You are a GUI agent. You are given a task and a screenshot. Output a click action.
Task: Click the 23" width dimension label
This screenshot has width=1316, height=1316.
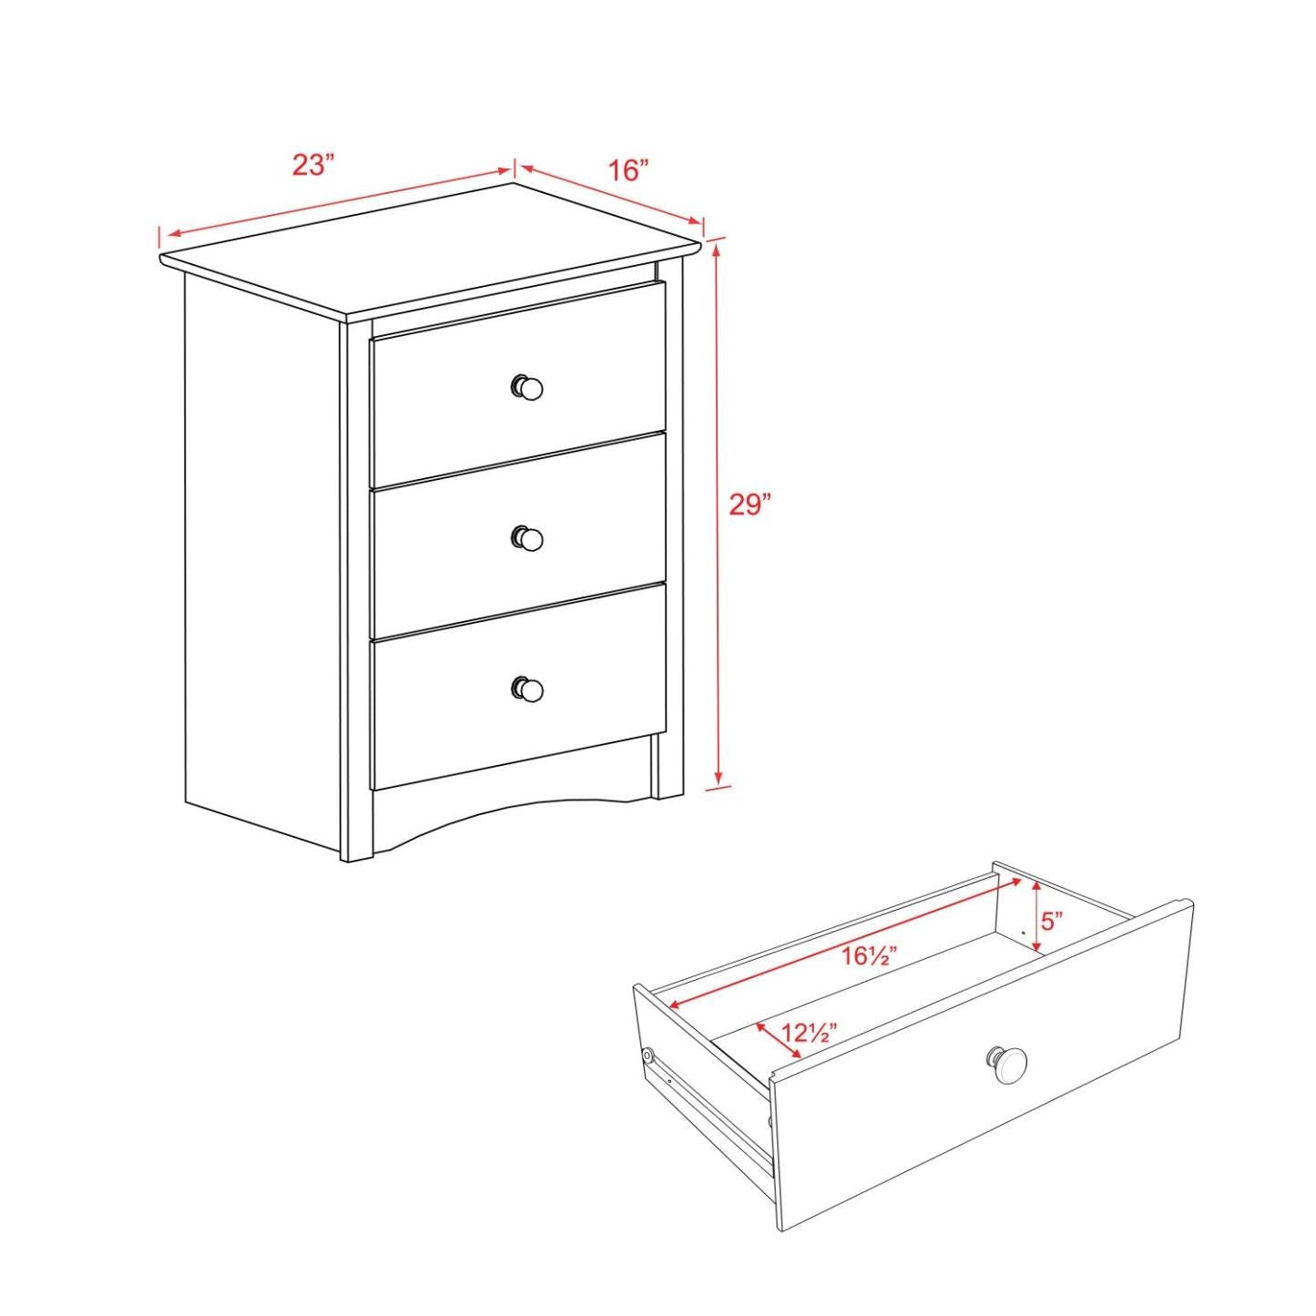coord(313,166)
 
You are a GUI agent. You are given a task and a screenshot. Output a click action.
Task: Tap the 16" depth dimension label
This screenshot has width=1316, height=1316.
coord(628,170)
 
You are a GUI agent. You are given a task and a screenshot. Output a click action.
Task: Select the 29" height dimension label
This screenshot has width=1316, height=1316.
coord(750,505)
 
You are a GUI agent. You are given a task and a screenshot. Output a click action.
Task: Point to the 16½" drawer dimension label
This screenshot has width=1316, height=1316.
coord(869,956)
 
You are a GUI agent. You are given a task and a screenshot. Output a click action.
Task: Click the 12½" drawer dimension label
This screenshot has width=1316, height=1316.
coord(810,1033)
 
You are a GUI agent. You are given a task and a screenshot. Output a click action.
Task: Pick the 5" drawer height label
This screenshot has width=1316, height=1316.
coord(1053,921)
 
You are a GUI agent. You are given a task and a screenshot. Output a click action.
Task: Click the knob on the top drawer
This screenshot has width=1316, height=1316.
coord(527,388)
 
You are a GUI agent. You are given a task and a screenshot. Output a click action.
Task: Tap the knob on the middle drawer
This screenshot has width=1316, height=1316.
coord(527,538)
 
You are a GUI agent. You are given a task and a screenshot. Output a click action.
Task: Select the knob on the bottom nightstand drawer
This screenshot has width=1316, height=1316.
coord(527,689)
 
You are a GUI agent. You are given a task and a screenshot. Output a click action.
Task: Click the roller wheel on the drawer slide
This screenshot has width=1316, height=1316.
coord(648,1056)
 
